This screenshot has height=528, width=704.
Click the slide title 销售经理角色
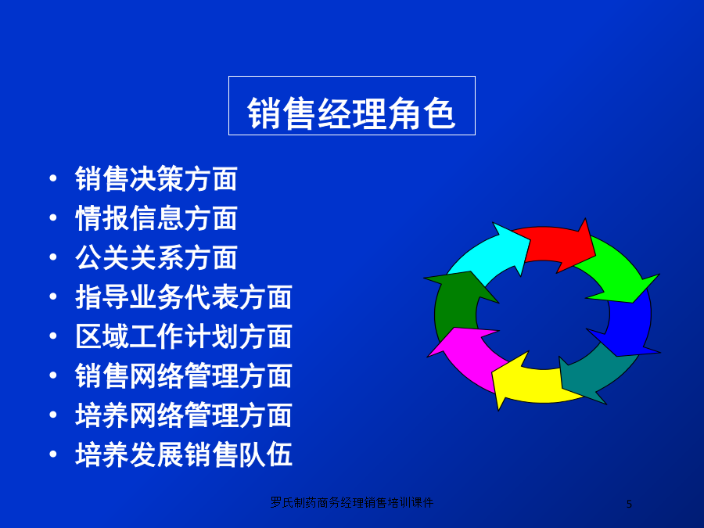coord(351,113)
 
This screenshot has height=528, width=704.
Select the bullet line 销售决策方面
coord(156,178)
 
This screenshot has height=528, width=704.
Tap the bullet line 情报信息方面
coord(156,218)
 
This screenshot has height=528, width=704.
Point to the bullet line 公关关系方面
coord(156,257)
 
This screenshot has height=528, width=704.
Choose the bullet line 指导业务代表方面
coord(184,297)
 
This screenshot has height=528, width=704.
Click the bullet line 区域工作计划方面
coord(184,336)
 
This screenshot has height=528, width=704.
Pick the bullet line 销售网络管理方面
coord(184,375)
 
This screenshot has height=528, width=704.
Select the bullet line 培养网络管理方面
coord(184,415)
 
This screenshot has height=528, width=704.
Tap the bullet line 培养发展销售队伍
coord(184,454)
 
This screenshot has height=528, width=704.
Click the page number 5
coord(629,505)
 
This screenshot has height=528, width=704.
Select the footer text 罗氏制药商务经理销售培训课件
coord(351,502)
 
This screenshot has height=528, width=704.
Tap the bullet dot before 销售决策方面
coord(53,178)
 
